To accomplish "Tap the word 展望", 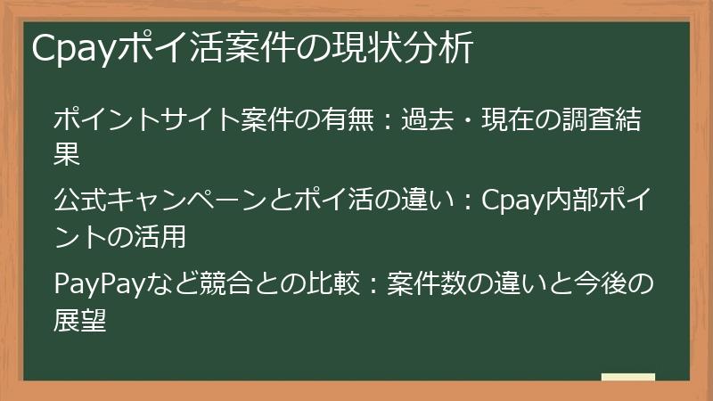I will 81,319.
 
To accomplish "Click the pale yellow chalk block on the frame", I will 627,377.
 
